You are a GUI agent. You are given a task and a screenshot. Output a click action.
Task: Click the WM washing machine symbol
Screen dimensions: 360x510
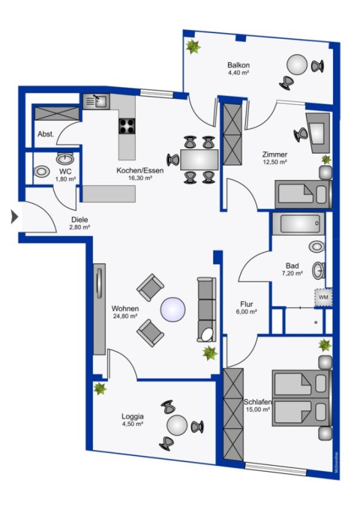point(324,297)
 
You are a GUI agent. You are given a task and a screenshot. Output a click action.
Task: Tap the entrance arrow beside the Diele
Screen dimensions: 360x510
point(15,217)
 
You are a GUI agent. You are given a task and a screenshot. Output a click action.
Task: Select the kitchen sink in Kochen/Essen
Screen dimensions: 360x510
point(96,101)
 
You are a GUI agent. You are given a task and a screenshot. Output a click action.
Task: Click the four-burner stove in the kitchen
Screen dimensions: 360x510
point(127,126)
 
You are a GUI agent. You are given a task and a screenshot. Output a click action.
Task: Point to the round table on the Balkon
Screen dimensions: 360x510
point(297,65)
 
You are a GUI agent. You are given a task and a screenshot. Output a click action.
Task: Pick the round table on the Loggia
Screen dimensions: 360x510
point(178,425)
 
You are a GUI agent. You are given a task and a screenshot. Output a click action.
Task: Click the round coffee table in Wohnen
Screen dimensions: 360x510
point(173,310)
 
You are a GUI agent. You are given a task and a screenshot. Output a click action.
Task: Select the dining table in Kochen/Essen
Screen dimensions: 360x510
point(199,159)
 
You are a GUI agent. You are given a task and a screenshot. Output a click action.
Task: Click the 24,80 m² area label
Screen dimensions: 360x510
point(125,316)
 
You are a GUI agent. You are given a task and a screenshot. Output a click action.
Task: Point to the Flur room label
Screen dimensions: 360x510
point(246,304)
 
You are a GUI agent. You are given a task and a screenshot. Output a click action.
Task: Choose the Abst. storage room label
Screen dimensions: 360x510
point(46,134)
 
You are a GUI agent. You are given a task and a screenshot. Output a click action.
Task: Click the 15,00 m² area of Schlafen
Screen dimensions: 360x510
point(258,409)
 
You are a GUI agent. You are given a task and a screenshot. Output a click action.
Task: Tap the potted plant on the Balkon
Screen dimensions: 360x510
point(193,47)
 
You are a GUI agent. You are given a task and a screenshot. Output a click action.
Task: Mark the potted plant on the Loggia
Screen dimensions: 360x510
point(100,388)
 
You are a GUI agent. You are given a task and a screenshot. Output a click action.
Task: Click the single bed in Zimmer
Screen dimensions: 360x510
point(303,194)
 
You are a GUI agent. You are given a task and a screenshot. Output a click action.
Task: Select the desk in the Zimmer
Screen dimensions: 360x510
point(319,132)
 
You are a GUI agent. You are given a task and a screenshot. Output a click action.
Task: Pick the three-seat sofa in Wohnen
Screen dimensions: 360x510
point(206,309)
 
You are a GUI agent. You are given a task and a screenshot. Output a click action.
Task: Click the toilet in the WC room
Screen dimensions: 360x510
point(42,171)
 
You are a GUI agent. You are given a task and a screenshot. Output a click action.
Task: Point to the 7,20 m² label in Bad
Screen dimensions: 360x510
point(292,273)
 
